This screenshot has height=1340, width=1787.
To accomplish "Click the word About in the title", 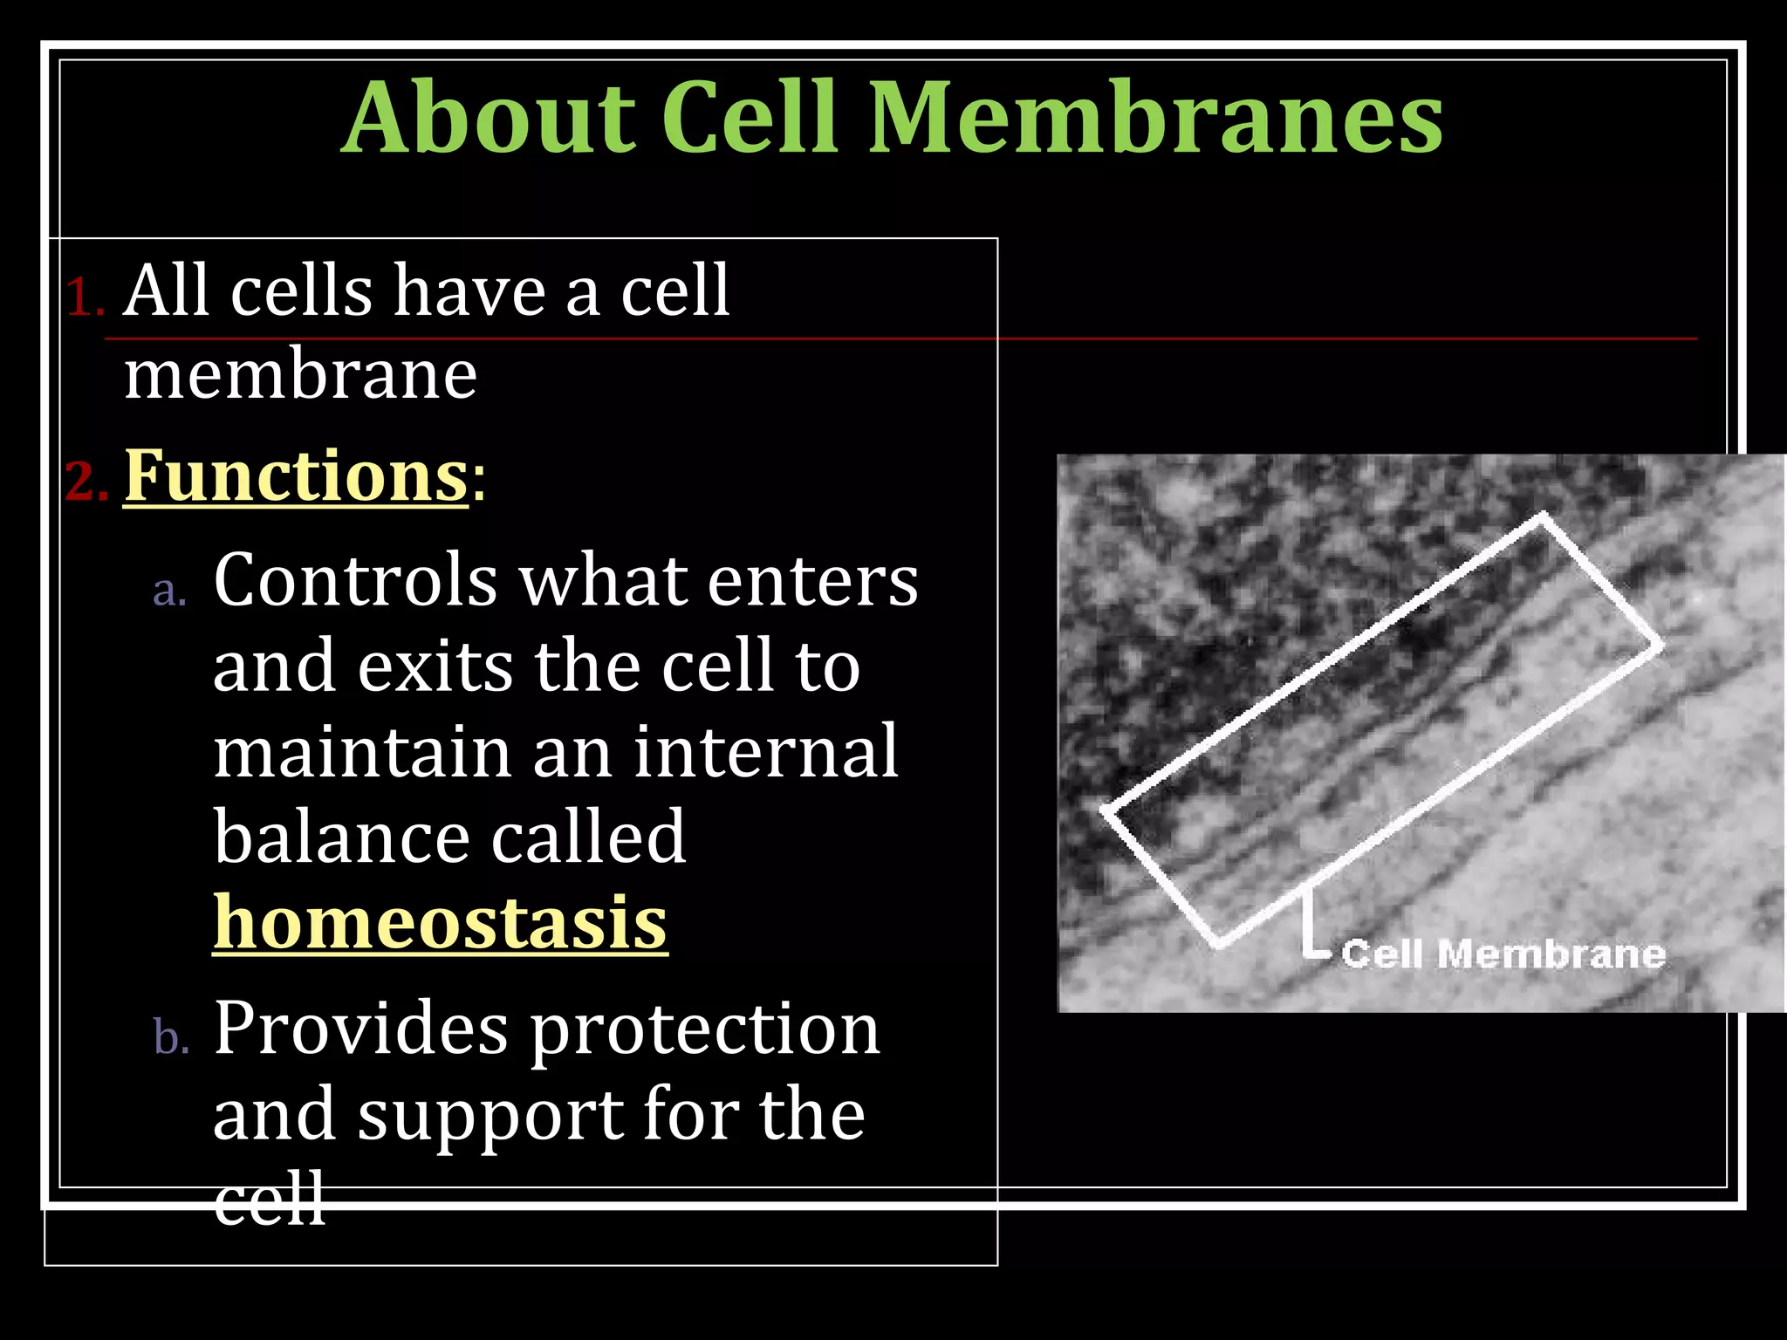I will (x=489, y=118).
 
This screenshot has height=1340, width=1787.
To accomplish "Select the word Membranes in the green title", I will (x=1156, y=118).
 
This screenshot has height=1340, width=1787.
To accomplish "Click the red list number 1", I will (x=84, y=297).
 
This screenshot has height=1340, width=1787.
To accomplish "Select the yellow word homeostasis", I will (x=440, y=923).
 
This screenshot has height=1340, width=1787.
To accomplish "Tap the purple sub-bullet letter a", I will (x=169, y=591).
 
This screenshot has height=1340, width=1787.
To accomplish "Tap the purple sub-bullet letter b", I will (x=171, y=1038).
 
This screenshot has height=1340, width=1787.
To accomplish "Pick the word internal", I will (x=764, y=752).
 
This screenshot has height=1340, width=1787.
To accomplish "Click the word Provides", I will (x=360, y=1029).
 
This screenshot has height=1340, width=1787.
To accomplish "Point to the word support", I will (x=490, y=1117).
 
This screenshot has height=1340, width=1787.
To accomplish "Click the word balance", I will (x=340, y=837).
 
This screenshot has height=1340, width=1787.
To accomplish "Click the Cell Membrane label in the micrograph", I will (x=1503, y=954).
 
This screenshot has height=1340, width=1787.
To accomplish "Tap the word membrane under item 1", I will (x=300, y=375).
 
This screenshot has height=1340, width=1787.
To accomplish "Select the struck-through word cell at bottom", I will (x=270, y=1200).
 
